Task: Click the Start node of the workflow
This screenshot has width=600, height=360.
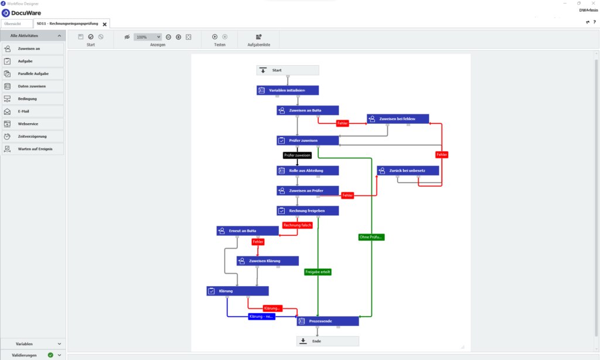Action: [287, 70]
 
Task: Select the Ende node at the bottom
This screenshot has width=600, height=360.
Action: [327, 341]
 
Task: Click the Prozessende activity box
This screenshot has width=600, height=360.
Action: [327, 321]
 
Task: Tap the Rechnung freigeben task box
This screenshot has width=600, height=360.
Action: [308, 210]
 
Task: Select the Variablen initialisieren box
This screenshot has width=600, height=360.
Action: [288, 90]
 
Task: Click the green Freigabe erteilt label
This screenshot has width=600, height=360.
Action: [318, 272]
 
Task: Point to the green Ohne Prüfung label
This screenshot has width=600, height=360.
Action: [371, 237]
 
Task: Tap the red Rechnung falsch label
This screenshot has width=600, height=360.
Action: [297, 225]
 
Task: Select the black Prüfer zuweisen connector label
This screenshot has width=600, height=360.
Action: [297, 155]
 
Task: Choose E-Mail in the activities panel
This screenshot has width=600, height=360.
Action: [32, 111]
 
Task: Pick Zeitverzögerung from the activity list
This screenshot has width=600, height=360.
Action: [32, 137]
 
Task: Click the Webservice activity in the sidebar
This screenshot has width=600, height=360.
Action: [32, 124]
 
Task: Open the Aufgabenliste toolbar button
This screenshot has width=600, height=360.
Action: [258, 39]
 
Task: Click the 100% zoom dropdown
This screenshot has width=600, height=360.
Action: [147, 37]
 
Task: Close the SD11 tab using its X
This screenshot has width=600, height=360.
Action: [105, 24]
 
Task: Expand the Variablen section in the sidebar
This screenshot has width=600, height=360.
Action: [33, 344]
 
